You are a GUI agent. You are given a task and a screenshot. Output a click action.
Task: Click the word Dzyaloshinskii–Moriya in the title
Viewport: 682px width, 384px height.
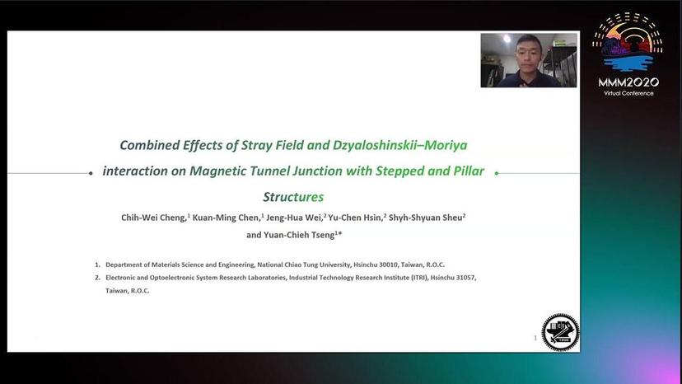tap(399, 146)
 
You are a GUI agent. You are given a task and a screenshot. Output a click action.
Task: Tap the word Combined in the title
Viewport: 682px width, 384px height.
tap(149, 146)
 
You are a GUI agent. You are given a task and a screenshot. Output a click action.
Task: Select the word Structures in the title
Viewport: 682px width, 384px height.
tap(293, 197)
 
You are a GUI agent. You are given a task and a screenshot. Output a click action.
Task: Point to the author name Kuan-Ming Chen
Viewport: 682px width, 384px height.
tap(226, 218)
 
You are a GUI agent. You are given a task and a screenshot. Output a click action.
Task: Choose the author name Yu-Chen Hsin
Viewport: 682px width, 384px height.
tap(355, 218)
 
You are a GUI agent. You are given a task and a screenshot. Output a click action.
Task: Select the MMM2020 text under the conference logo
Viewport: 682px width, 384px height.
tap(628, 82)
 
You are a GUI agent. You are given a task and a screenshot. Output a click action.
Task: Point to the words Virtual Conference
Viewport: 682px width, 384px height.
tap(628, 93)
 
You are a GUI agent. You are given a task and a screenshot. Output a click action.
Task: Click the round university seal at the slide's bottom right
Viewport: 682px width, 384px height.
tap(560, 332)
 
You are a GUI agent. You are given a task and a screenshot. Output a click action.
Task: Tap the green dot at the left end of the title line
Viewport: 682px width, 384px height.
tap(90, 173)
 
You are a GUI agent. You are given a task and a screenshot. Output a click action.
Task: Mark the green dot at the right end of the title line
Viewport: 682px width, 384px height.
tap(497, 173)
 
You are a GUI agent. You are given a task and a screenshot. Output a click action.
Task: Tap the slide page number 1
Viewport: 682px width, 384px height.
tap(535, 337)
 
